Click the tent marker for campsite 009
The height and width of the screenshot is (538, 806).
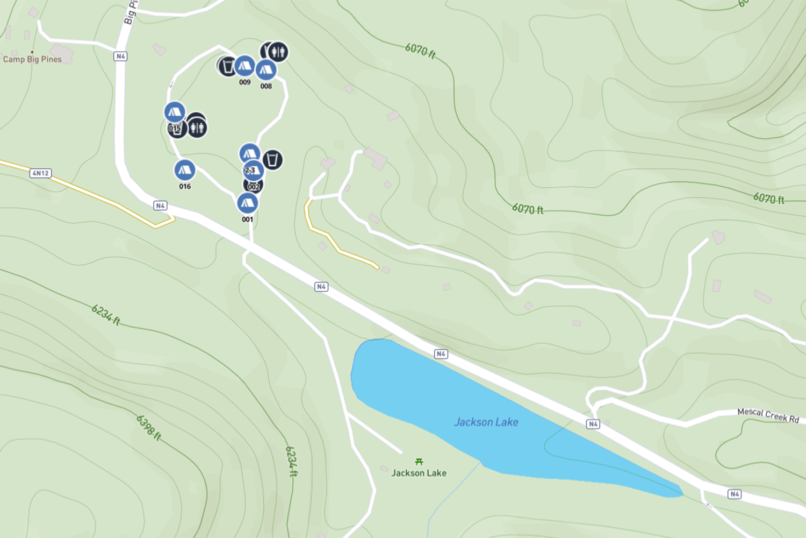tap(244, 66)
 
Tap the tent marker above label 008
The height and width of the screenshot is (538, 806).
tap(265, 70)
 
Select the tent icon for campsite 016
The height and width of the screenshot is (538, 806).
tap(184, 171)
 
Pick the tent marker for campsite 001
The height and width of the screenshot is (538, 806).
tap(247, 203)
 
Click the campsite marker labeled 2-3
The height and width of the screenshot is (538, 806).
tap(253, 170)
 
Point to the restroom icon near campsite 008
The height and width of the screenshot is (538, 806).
tap(278, 52)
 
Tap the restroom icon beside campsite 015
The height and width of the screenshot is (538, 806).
tap(197, 128)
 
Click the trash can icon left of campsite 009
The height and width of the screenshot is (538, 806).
tap(228, 66)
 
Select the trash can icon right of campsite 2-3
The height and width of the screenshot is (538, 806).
tap(272, 160)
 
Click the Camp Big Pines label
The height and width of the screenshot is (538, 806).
tap(32, 59)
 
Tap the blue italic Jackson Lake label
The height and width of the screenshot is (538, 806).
tap(486, 422)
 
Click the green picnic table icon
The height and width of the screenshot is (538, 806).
tap(419, 462)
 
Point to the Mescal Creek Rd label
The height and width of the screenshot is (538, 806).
tap(768, 415)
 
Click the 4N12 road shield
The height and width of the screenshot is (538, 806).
tap(40, 173)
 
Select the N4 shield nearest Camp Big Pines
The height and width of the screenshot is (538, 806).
tap(120, 56)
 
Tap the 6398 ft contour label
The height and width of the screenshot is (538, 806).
tap(148, 428)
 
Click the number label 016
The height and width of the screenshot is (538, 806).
tap(185, 186)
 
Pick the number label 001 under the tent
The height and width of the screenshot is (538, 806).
tap(247, 219)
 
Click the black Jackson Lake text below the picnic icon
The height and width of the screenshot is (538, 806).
tap(419, 473)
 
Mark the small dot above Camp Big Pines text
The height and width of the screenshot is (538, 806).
tap(32, 52)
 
